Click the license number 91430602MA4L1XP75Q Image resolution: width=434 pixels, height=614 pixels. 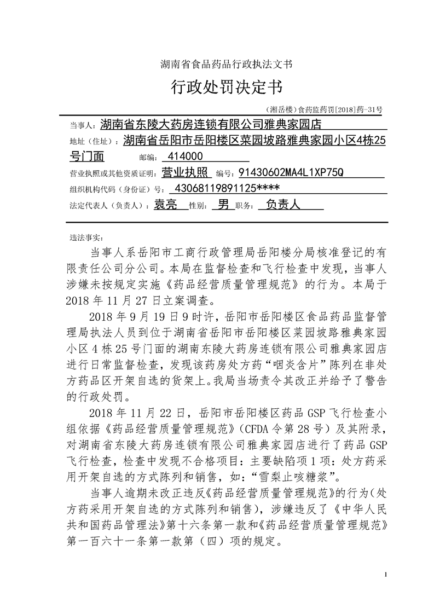click(291, 173)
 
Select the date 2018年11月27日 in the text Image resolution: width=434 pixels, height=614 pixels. click(114, 300)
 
